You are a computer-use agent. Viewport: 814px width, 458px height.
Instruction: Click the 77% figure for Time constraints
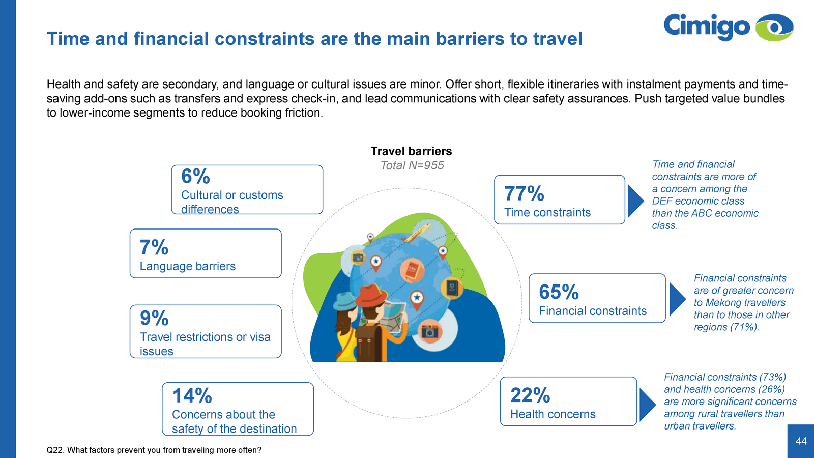tap(524, 193)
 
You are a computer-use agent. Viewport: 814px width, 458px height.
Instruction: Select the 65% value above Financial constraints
tap(559, 292)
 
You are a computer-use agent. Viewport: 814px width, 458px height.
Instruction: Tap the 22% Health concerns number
tap(530, 395)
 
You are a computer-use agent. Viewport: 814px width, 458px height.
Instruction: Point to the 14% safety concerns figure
tap(192, 395)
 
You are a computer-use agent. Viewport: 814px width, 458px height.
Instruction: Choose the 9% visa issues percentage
tap(154, 318)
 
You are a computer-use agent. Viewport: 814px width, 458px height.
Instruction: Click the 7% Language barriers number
tap(154, 247)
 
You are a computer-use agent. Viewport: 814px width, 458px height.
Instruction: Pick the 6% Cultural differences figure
tap(195, 176)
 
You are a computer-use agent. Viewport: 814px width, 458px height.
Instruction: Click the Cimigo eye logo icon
tap(774, 27)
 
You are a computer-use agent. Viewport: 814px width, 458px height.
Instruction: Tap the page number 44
tap(801, 441)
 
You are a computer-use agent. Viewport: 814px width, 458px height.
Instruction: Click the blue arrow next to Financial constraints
tap(677, 299)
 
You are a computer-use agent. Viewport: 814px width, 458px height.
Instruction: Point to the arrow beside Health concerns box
tap(647, 405)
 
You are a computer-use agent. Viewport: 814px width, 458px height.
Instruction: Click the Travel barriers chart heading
tap(411, 151)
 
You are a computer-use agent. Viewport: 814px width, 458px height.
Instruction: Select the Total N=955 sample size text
tap(412, 165)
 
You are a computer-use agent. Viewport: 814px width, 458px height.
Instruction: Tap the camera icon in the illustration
tap(429, 331)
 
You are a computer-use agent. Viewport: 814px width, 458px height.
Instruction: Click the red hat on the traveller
tap(371, 295)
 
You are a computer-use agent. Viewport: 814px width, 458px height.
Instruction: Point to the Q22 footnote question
tap(154, 450)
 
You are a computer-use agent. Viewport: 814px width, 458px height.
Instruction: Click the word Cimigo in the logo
tap(707, 26)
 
